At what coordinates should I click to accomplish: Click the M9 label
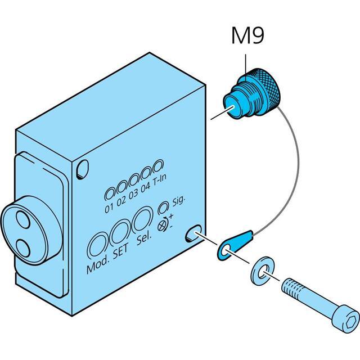[x=247, y=37]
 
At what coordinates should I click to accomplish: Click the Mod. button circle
[x=98, y=245]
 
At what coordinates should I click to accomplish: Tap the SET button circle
[x=120, y=230]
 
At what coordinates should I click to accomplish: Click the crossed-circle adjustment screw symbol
[x=163, y=223]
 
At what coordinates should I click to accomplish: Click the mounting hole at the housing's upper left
[x=83, y=166]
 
